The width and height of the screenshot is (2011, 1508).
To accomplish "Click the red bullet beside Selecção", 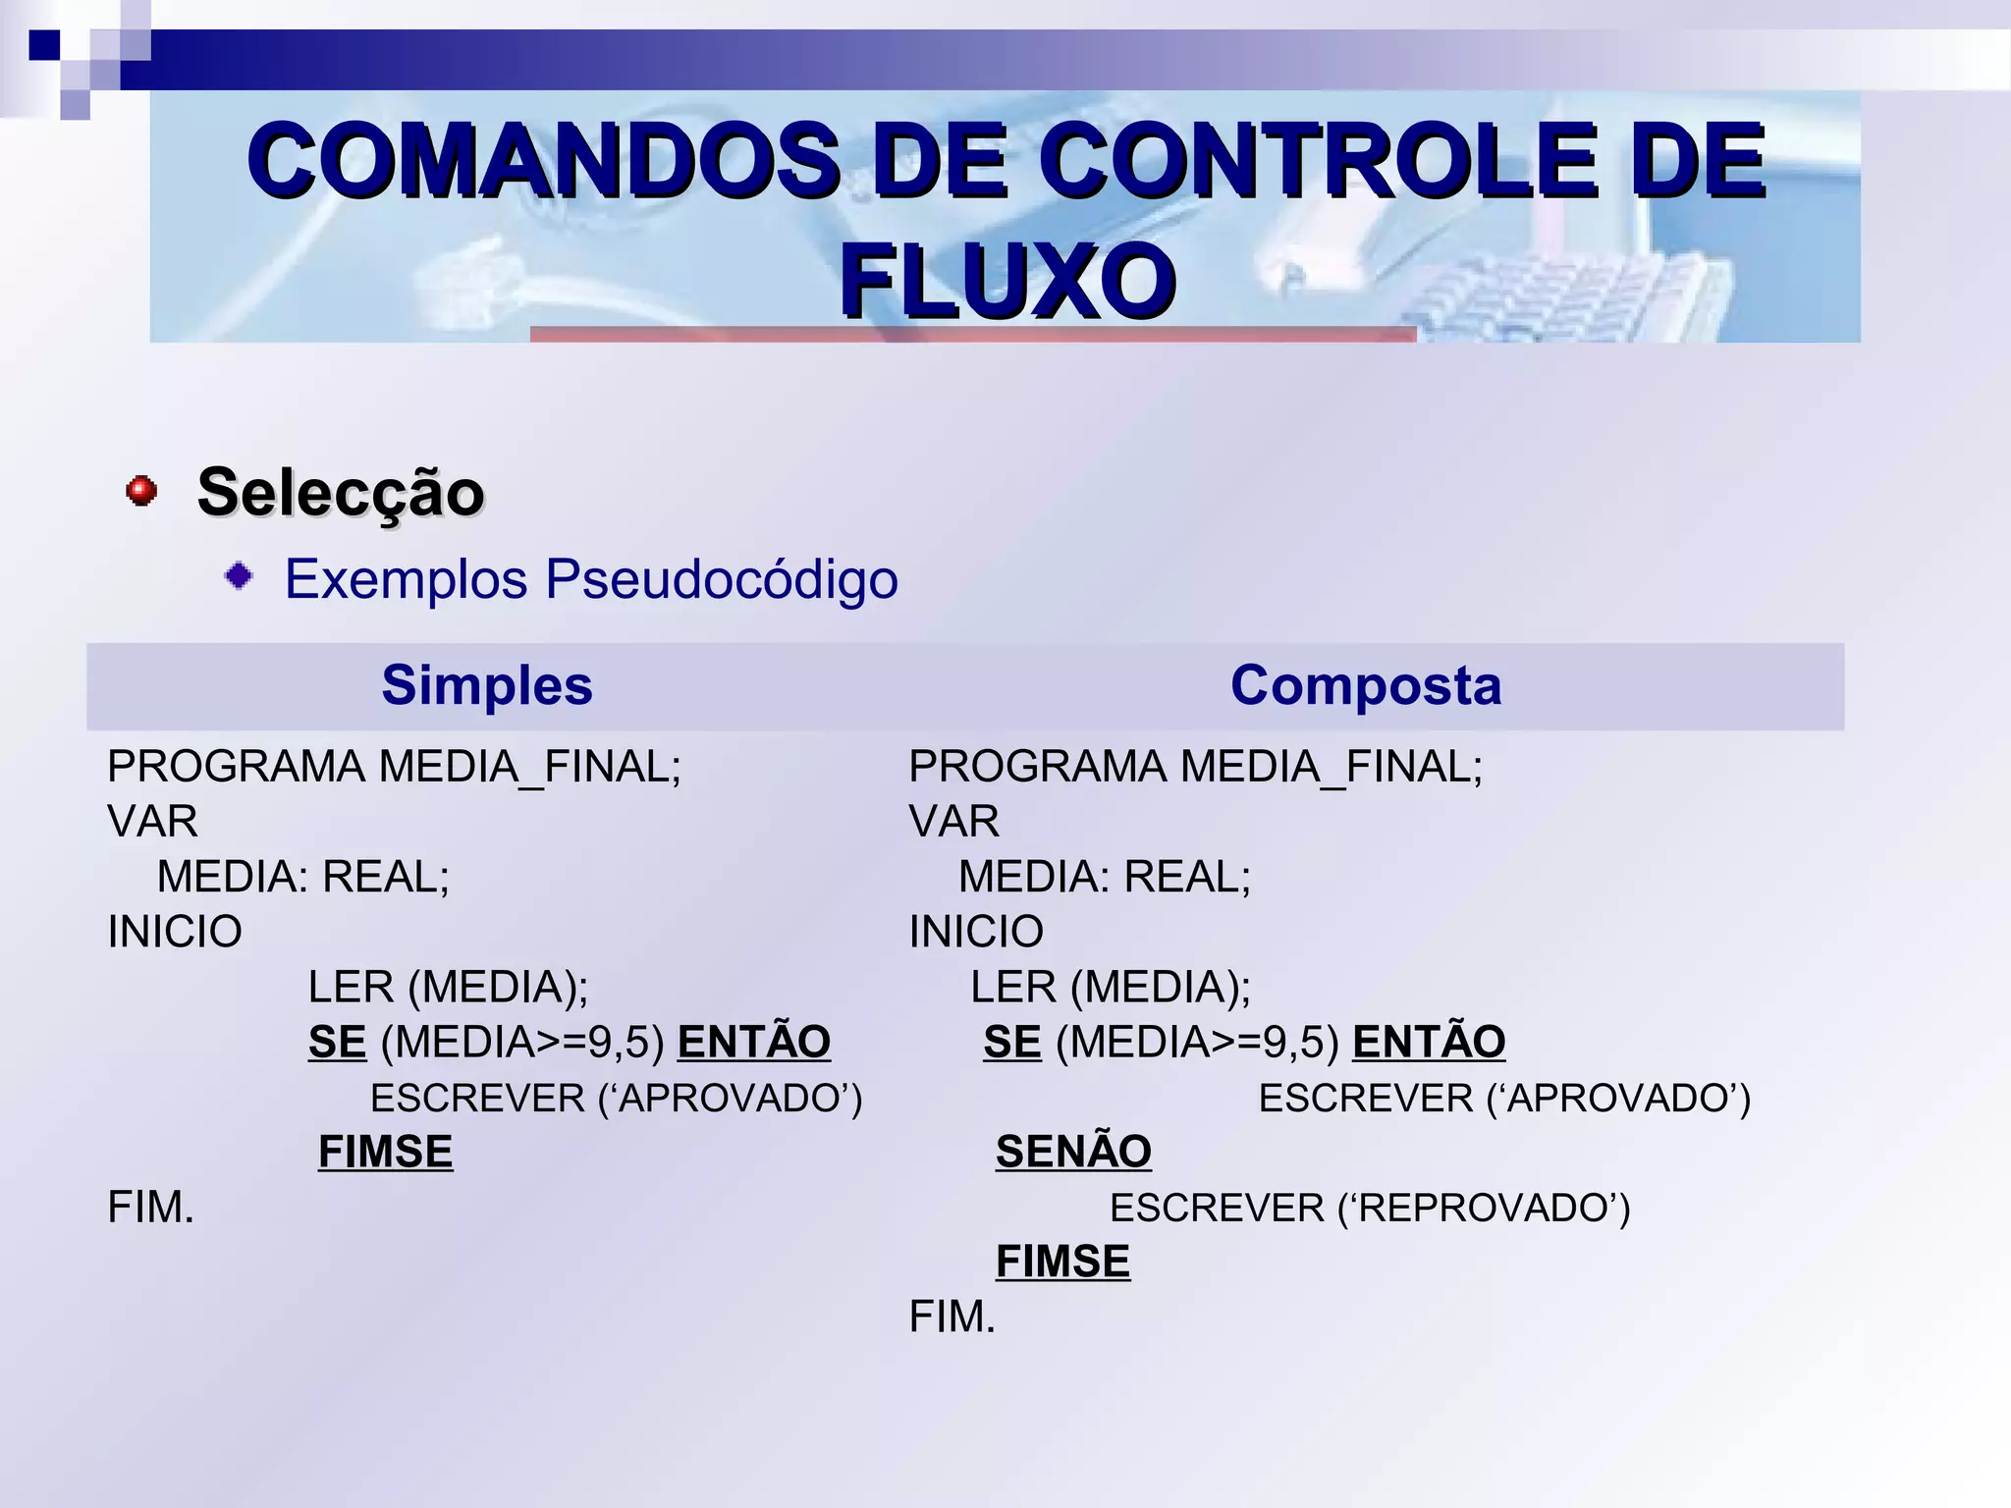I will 141,490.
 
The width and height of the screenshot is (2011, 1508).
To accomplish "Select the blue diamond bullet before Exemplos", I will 239,576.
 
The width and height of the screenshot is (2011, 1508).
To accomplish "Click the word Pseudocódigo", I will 722,578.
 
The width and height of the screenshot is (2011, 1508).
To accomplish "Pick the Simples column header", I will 487,685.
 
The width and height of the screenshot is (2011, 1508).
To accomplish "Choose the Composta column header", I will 1365,685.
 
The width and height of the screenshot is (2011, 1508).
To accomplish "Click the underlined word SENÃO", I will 1073,1152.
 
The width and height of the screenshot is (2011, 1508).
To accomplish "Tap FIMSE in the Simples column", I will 386,1152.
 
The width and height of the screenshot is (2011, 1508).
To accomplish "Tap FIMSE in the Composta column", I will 1062,1262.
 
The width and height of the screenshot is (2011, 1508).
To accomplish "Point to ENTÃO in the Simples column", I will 754,1042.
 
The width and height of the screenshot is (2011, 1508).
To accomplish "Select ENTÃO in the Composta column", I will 1429,1042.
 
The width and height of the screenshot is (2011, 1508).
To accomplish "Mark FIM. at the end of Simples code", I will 151,1208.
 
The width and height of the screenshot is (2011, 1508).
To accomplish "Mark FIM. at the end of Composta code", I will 952,1317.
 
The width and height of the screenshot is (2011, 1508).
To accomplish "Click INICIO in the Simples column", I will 175,932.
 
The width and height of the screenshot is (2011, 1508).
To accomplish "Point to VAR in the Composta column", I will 954,822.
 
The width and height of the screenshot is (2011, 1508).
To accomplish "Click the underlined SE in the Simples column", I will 337,1042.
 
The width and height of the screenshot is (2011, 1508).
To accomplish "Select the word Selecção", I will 341,492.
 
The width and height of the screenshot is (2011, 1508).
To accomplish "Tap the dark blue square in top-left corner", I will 44,45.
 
